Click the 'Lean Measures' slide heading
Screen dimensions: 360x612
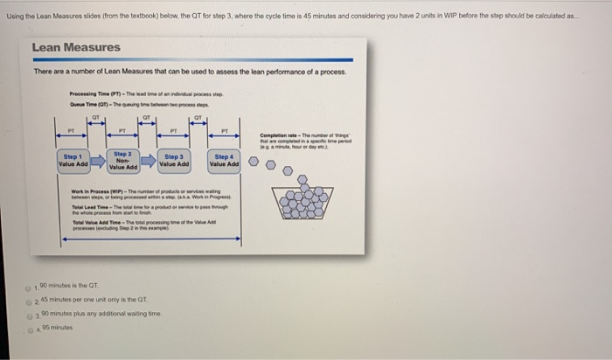point(75,47)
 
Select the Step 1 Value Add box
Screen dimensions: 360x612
point(73,161)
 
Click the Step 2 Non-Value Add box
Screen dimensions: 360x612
point(122,160)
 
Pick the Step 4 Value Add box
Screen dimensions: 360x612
point(224,161)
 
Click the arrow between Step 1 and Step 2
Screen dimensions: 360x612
point(98,161)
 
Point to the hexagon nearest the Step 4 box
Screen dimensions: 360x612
point(253,162)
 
